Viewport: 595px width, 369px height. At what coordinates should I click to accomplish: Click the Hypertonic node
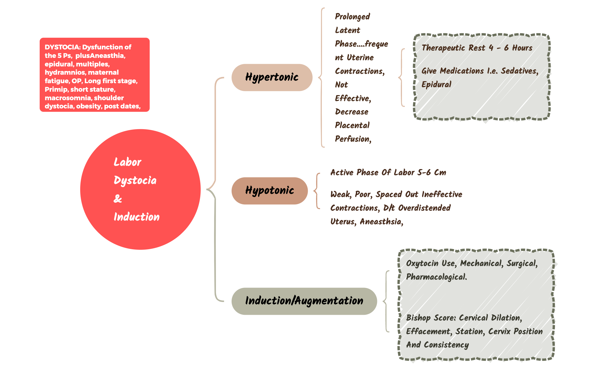click(x=272, y=77)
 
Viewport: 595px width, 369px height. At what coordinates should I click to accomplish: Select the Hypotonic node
click(x=270, y=191)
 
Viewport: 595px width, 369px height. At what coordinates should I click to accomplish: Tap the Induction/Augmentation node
click(x=304, y=301)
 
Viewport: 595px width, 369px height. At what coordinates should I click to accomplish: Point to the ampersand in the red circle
click(x=118, y=199)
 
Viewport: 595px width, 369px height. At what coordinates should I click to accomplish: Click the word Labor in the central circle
click(x=127, y=162)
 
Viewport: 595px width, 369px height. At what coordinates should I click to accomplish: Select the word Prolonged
click(x=352, y=16)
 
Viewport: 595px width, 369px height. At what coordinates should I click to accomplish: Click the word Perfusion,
click(x=353, y=139)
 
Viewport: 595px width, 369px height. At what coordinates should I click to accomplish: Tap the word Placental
click(x=352, y=125)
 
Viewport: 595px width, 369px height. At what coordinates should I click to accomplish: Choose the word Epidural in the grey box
click(x=436, y=85)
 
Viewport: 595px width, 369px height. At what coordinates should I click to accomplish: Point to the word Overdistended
click(x=424, y=208)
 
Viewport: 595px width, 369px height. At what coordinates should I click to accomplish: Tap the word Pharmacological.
click(x=436, y=277)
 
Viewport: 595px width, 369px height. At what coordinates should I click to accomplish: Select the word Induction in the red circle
click(x=136, y=217)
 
